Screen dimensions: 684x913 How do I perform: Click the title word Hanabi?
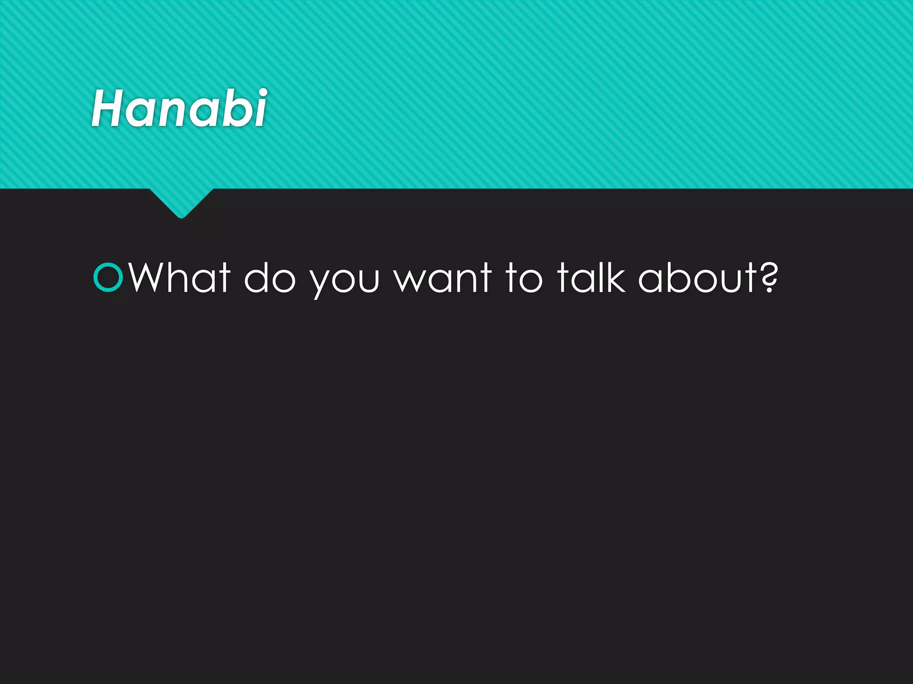pos(179,108)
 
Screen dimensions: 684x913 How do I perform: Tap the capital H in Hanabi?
pos(107,108)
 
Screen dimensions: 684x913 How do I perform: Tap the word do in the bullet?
pos(270,278)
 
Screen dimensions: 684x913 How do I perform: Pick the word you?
pos(345,281)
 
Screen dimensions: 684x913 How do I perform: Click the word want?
pos(443,278)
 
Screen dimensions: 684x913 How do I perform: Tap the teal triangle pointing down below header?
pos(181,203)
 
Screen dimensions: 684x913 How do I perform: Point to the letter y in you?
pos(321,283)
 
